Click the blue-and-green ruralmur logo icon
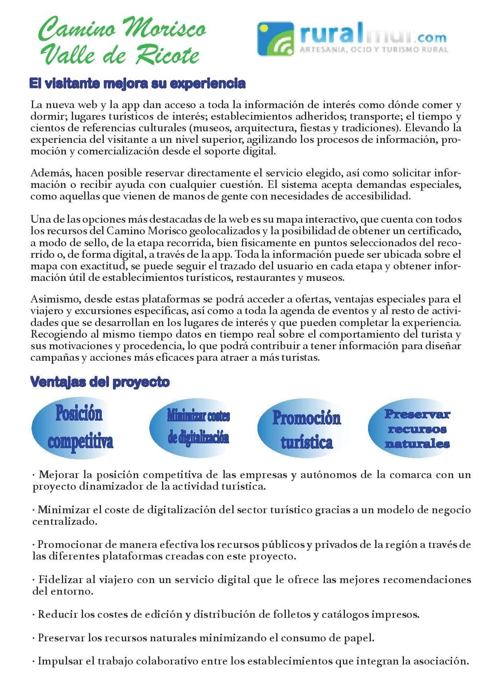click(x=275, y=39)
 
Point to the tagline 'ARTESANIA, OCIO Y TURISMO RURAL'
click(x=374, y=50)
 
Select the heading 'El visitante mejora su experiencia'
click(x=137, y=83)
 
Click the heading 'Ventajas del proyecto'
click(x=100, y=382)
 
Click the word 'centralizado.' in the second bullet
click(x=65, y=521)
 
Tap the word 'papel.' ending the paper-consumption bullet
click(x=361, y=638)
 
